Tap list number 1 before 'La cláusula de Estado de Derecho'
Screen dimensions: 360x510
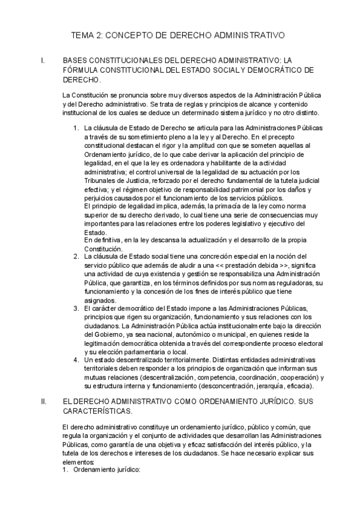coord(75,128)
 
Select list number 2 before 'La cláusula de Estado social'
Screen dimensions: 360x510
coord(75,257)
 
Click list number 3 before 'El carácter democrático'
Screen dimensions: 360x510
coord(75,309)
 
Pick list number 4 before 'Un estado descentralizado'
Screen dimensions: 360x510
coord(75,360)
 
